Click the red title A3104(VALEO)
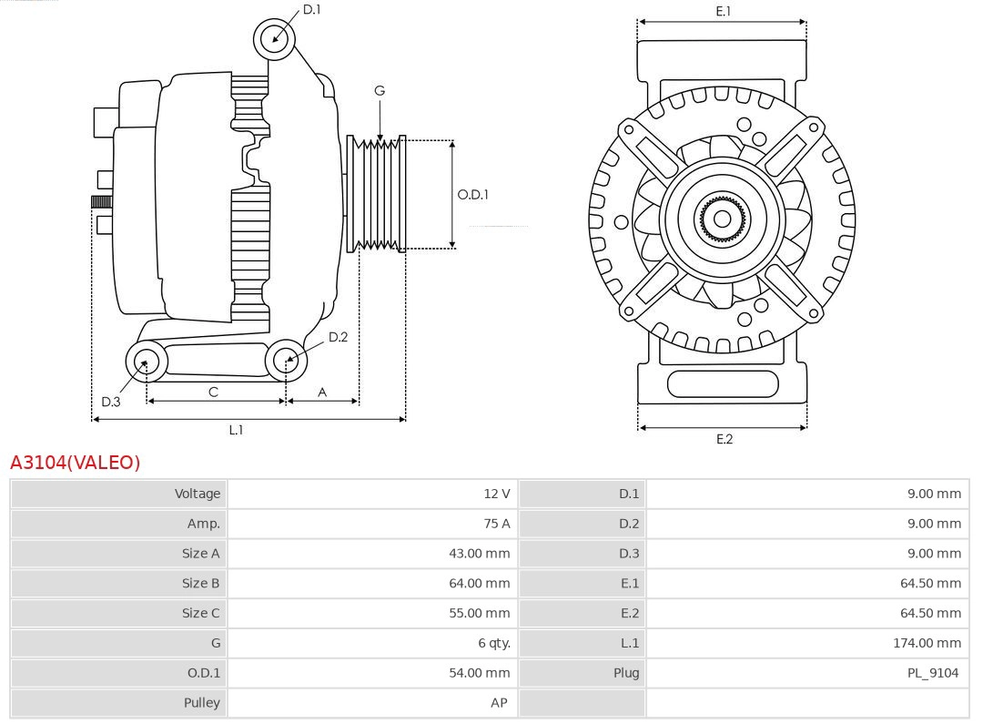click(76, 463)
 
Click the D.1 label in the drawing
click(311, 9)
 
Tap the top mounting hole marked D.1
click(275, 38)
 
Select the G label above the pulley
click(380, 90)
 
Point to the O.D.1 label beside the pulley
click(472, 194)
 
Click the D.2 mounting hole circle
click(287, 361)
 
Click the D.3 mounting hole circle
click(145, 362)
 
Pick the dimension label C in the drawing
click(213, 392)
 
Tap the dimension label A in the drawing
click(322, 392)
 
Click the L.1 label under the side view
click(236, 430)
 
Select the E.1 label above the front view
click(723, 11)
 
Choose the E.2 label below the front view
click(724, 439)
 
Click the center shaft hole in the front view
click(722, 219)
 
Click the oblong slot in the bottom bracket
click(722, 383)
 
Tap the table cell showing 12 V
click(496, 494)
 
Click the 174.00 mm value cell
click(927, 643)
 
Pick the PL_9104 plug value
click(933, 673)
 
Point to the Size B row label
click(200, 583)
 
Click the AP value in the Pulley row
click(498, 703)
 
